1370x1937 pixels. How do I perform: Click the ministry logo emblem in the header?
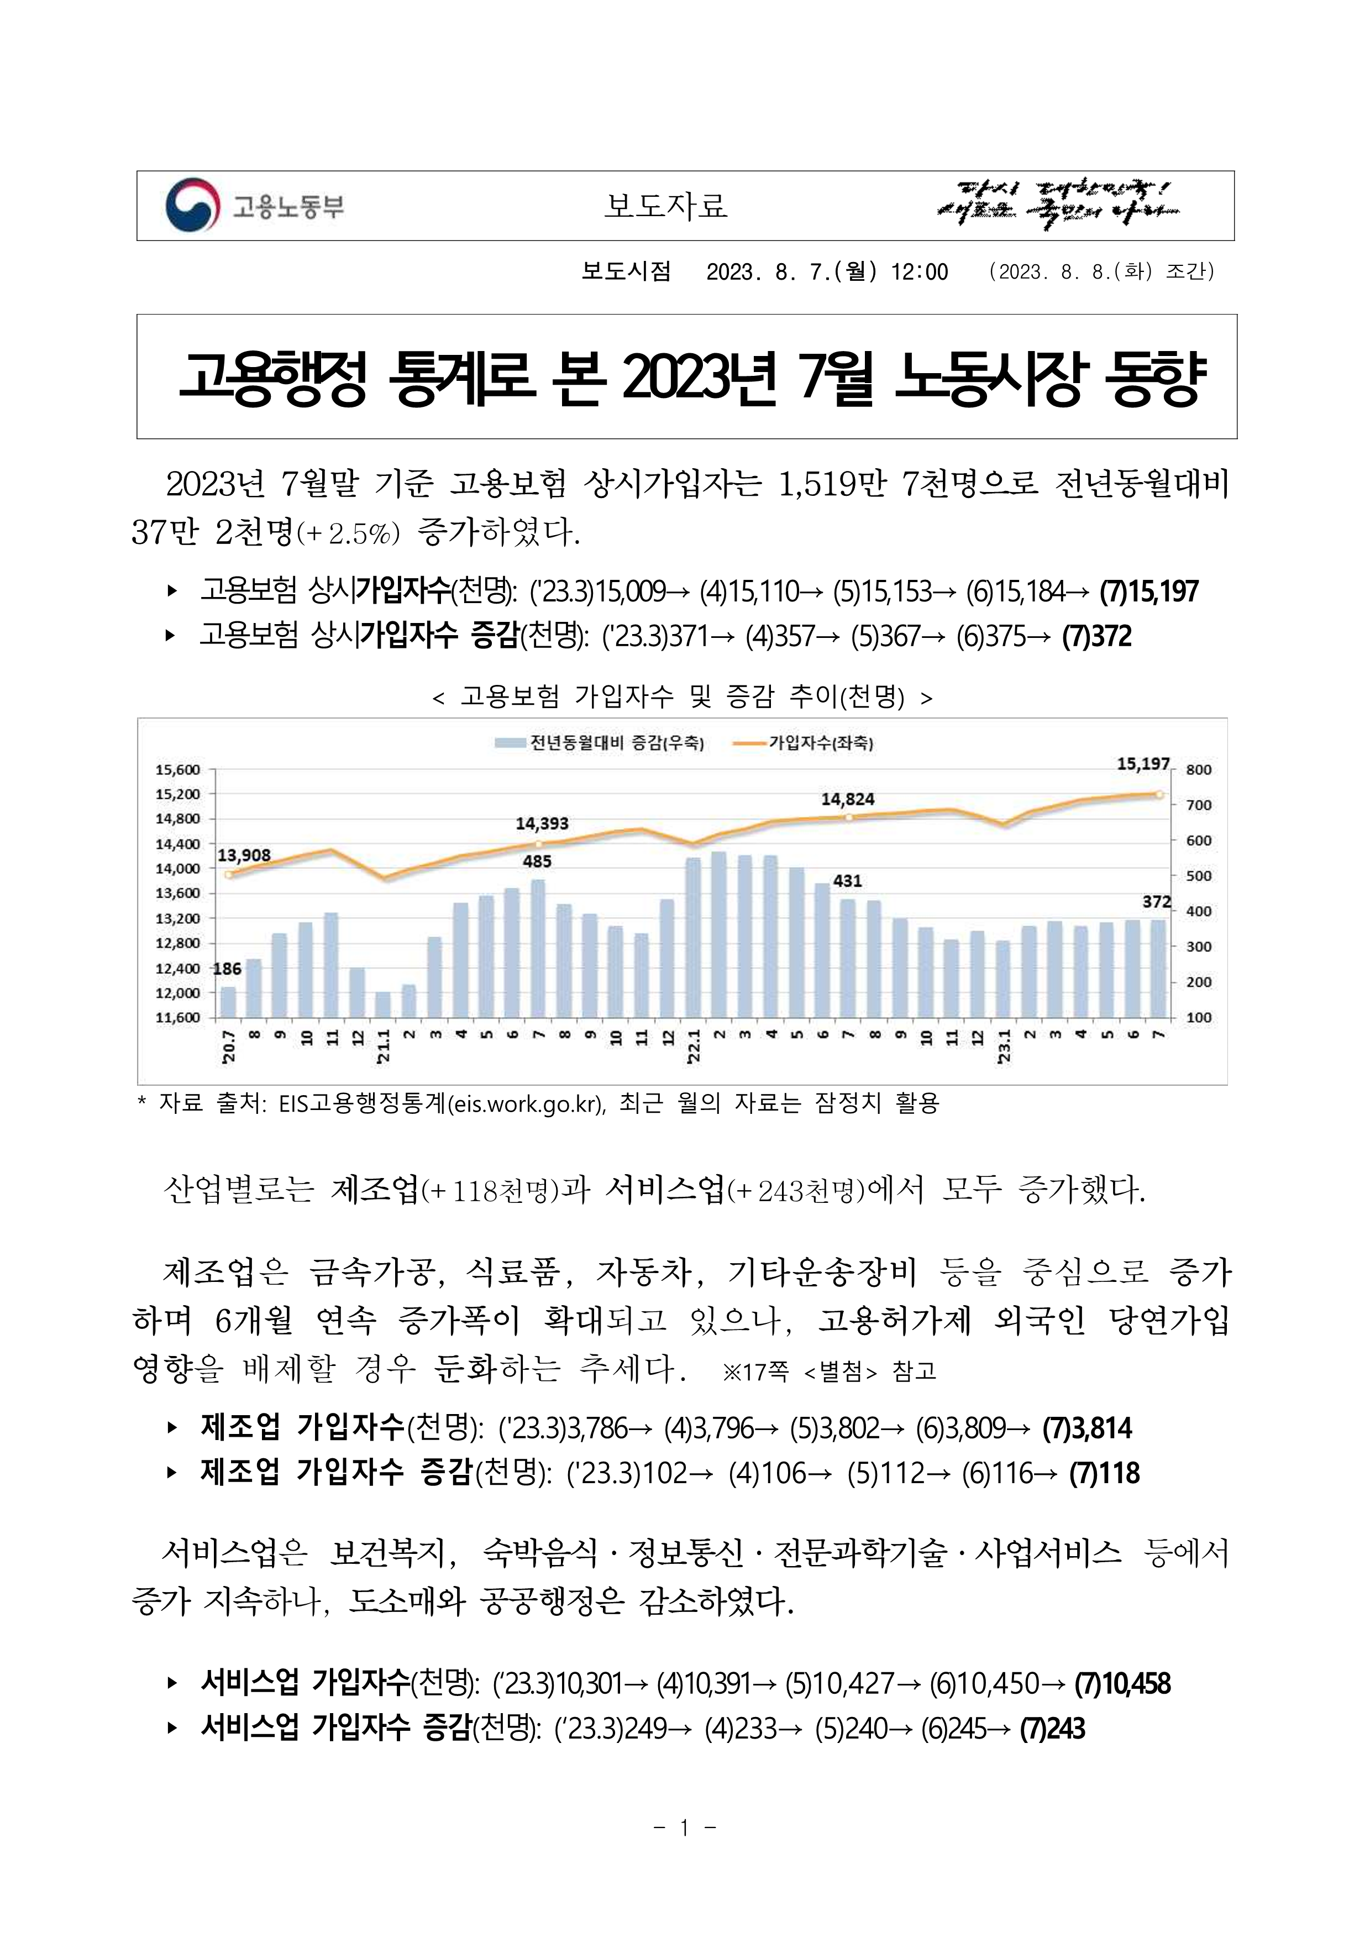[192, 205]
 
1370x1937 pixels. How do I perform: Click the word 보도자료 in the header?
[665, 206]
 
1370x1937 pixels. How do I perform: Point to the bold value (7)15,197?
[1148, 591]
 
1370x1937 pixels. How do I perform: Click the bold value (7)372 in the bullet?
[1096, 636]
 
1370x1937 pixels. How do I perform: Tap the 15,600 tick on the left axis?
[177, 769]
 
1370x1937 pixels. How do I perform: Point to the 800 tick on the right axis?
[1198, 769]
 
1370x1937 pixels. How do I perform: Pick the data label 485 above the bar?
[537, 861]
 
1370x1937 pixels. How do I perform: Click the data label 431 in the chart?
[847, 881]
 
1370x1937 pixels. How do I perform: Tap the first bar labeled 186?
[228, 1001]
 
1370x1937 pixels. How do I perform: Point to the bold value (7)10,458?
[1121, 1684]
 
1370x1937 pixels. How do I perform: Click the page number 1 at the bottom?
[684, 1828]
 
